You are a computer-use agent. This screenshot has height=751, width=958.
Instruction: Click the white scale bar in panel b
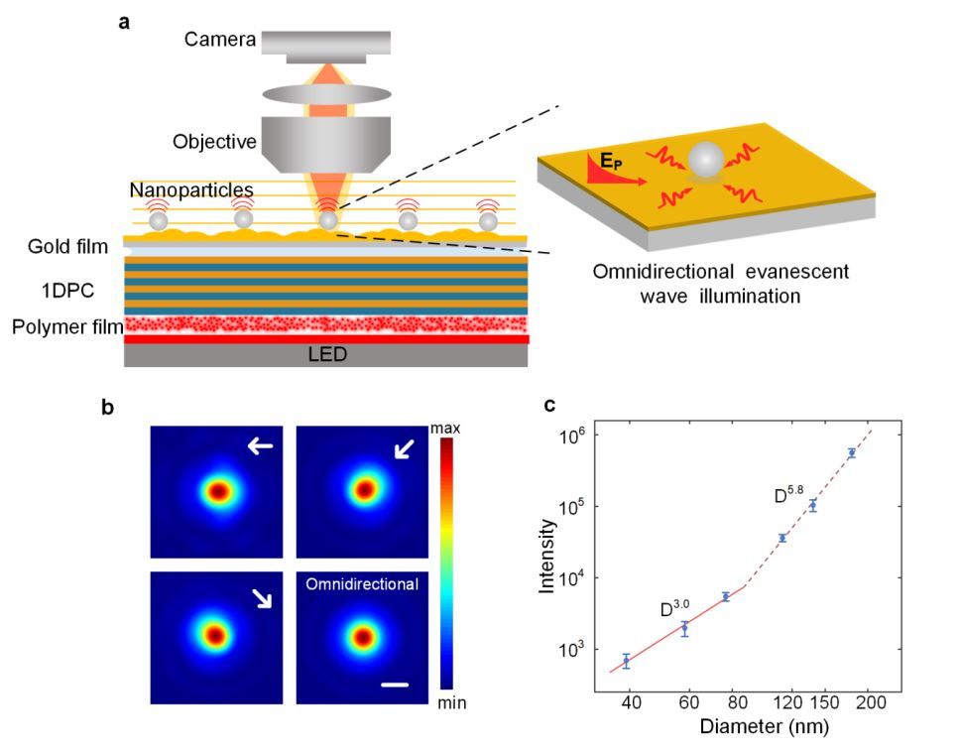pos(394,685)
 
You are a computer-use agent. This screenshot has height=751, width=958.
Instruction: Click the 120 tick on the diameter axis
pos(785,703)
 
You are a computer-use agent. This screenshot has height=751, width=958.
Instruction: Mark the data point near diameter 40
pos(626,661)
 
